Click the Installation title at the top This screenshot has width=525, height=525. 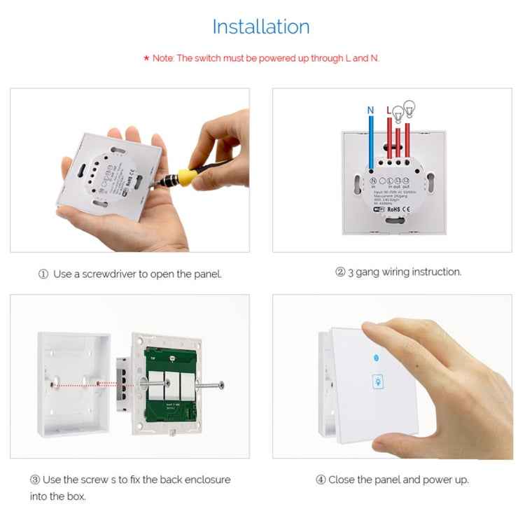(261, 27)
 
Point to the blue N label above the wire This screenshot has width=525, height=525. (371, 110)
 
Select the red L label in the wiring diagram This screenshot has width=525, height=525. (389, 110)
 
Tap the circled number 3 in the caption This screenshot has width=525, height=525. (34, 480)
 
